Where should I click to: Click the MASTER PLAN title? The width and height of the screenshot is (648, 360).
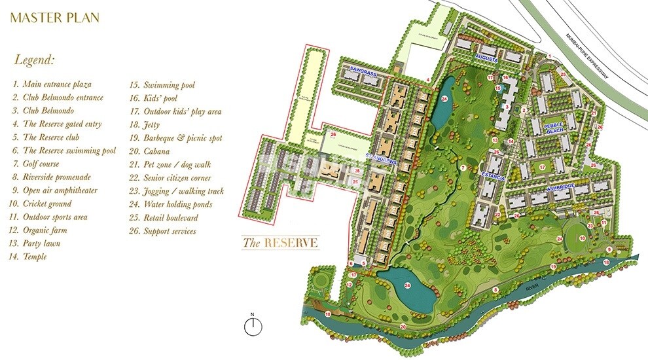[x=55, y=18]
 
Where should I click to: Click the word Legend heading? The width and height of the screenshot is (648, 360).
[x=34, y=60]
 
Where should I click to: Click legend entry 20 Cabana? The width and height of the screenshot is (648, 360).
[x=157, y=151]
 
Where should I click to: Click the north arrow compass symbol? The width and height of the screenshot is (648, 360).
[x=255, y=326]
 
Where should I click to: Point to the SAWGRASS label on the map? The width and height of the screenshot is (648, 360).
[x=363, y=69]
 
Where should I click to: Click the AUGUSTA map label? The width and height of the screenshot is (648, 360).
[x=487, y=59]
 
